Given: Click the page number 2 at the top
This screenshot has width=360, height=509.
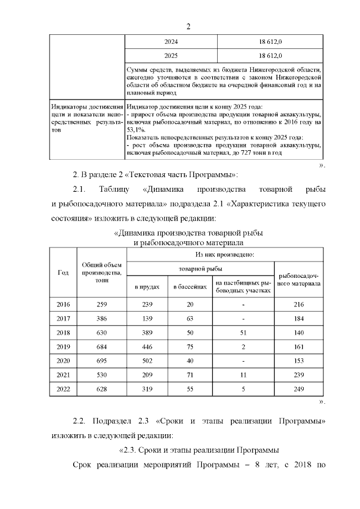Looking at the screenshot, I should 189,26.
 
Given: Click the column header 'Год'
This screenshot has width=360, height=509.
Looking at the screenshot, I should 63,272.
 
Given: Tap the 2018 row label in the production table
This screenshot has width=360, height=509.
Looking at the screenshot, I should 63,332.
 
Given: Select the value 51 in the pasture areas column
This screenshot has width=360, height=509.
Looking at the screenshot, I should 242,332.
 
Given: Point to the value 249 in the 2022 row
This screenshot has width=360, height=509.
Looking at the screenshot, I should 299,389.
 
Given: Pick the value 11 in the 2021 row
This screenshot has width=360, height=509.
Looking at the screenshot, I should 242,375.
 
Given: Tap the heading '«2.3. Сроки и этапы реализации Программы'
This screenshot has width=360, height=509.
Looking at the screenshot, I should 200,449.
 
